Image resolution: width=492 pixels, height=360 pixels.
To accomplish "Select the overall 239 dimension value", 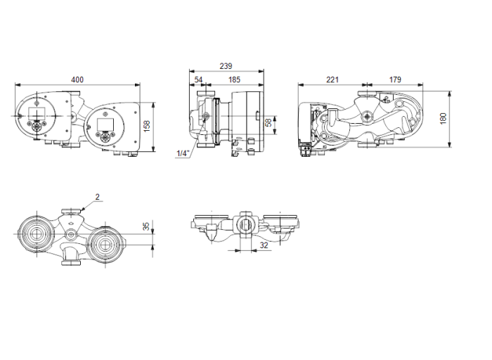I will (226, 65).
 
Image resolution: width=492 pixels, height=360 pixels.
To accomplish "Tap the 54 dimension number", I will (199, 81).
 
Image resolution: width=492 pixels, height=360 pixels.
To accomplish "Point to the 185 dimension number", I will (233, 81).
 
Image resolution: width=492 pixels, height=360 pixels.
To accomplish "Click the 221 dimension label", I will (332, 80).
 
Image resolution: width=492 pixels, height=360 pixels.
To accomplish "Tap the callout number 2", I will (98, 198).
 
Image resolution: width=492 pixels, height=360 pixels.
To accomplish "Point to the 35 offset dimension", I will (146, 226).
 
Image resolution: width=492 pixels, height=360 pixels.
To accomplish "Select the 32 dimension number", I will (264, 245).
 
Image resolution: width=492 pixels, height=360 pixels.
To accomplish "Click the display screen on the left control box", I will (39, 115).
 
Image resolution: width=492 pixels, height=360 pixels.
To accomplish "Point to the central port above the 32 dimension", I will (247, 226).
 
